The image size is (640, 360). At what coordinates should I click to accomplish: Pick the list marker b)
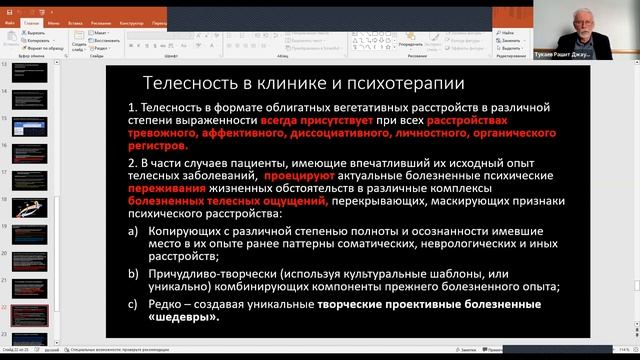[134, 272]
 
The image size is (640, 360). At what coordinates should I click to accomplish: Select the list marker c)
[134, 302]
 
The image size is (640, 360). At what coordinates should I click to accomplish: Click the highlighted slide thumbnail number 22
[26, 313]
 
